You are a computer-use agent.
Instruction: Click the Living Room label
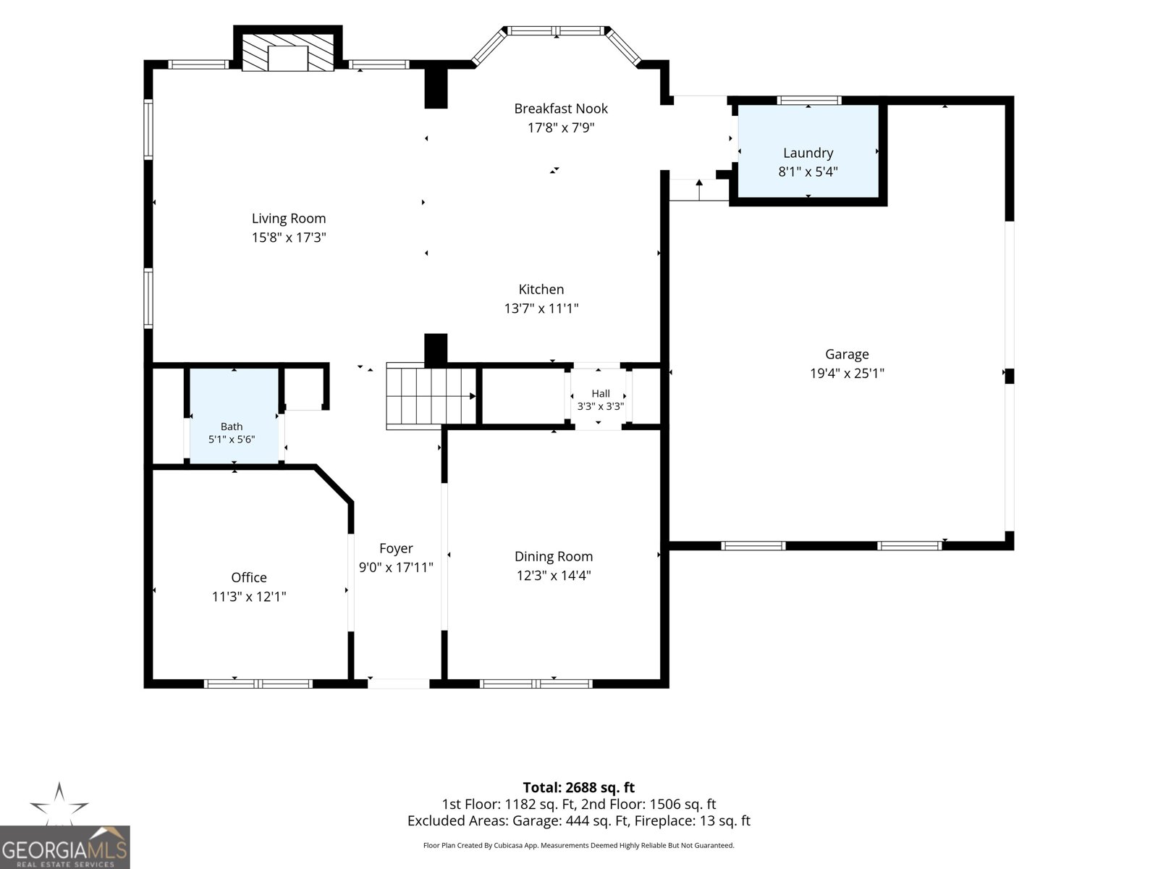(289, 219)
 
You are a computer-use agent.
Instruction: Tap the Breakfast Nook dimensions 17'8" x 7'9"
(561, 127)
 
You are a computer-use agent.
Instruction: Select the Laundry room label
(808, 153)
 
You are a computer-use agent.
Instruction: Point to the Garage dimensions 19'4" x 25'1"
(847, 374)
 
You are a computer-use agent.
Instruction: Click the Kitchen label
(541, 289)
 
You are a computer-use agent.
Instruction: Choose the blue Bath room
(234, 416)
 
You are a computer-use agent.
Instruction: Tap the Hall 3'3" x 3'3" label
(601, 400)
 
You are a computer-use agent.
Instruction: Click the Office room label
(249, 578)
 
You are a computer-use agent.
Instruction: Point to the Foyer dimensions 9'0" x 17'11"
(396, 568)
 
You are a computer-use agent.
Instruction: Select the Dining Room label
(554, 557)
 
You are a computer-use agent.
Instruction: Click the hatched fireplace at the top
(288, 52)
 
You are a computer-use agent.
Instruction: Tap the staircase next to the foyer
(431, 395)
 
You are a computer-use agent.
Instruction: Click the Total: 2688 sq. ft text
(579, 788)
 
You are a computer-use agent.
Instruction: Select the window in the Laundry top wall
(808, 100)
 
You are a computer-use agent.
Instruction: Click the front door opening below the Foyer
(398, 684)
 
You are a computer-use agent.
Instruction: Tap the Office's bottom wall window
(258, 684)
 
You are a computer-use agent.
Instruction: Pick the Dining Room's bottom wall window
(536, 684)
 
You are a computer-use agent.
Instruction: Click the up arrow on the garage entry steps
(699, 190)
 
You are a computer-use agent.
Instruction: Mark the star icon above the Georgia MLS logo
(59, 804)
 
